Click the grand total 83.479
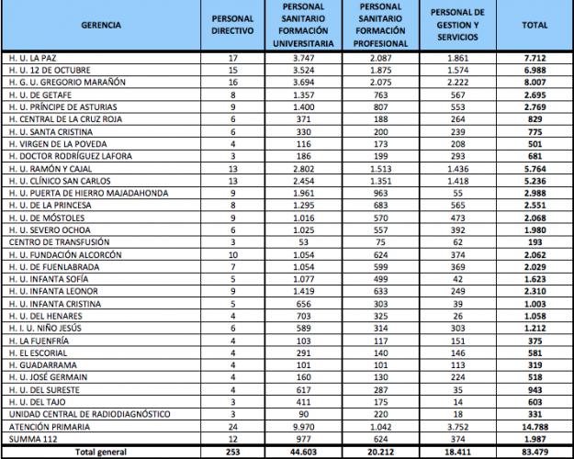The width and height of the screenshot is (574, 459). click(535, 453)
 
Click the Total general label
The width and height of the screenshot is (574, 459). click(99, 453)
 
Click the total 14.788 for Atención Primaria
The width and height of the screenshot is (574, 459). click(535, 428)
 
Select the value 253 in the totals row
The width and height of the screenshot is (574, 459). click(232, 453)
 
